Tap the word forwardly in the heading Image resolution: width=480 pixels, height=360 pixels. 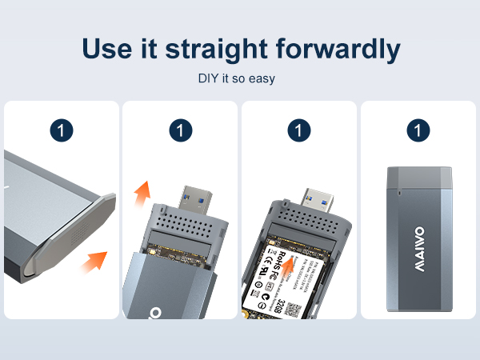(343, 49)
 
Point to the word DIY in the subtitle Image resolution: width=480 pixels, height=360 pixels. (209, 80)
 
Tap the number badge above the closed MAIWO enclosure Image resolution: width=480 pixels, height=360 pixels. (418, 129)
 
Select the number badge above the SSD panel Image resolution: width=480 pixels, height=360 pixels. (298, 129)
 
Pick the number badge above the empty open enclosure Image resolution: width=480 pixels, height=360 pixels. (180, 129)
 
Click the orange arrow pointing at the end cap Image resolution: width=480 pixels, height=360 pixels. (96, 260)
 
